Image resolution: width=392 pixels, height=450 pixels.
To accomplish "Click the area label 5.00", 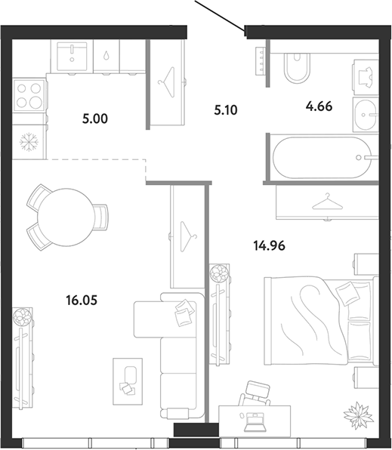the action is pos(94,119).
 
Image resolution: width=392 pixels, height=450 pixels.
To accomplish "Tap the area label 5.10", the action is pos(226,110).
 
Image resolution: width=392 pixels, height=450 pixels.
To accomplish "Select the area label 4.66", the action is pos(319,106).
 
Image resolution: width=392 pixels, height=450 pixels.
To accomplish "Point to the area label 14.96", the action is pos(269,245).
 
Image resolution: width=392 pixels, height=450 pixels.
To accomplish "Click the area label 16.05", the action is pos(82,301).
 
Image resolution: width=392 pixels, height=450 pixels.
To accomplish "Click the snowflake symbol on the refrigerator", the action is pos(29,141).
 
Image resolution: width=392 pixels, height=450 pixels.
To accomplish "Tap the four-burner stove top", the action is pos(29,95).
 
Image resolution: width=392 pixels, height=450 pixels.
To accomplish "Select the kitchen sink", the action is pos(72,56).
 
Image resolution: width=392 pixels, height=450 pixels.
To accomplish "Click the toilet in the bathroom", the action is pos(298,68).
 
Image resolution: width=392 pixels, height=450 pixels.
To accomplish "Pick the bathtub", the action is pos(322,158).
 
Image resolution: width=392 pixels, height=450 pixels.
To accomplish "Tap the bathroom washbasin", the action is pos(366,115).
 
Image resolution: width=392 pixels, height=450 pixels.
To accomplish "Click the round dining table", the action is pos(66,217).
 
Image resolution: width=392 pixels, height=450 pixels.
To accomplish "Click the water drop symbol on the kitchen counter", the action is pos(106,56).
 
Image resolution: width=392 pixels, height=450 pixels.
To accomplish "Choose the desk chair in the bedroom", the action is pos(255,393).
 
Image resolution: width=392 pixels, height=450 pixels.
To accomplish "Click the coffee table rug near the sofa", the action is pos(128,381).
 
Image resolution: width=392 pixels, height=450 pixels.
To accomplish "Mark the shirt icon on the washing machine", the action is pos(366,78).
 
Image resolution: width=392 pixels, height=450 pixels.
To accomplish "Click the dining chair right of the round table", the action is pos(100,217).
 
